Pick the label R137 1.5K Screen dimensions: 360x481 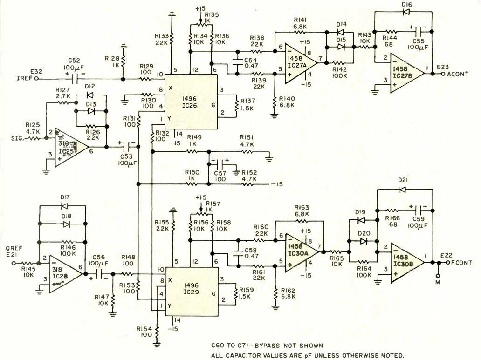pos(247,105)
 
